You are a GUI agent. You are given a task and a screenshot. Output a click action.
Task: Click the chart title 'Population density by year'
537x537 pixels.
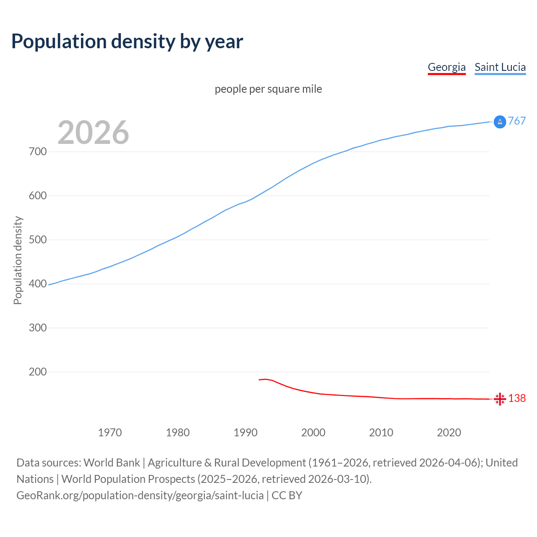127,42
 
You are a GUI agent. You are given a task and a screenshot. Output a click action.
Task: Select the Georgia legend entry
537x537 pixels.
446,67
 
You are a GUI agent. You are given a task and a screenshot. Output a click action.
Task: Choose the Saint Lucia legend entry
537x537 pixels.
500,67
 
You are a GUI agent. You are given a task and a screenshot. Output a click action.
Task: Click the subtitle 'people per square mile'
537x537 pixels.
268,89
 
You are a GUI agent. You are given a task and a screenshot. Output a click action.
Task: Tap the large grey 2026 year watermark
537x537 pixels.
93,133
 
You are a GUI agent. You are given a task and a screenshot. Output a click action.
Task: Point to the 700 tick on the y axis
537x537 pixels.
38,151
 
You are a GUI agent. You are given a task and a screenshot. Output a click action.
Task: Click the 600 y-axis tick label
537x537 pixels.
38,196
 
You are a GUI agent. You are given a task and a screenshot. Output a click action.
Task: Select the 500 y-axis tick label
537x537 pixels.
38,240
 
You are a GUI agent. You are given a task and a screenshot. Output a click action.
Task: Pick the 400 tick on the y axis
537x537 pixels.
38,284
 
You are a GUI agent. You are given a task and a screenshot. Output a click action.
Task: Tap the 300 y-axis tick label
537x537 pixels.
38,328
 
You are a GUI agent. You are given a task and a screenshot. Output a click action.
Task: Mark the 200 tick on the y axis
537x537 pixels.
38,372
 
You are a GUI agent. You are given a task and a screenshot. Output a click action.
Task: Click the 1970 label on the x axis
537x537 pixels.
110,433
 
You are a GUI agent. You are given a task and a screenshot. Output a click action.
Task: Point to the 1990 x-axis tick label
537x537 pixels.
245,433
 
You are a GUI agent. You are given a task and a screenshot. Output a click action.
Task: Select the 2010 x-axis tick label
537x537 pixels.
381,433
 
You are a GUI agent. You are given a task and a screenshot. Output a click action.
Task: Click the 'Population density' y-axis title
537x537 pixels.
18,260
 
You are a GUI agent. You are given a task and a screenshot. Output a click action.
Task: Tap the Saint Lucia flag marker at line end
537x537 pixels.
500,122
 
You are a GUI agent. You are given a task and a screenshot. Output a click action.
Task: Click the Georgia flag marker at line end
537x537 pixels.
500,399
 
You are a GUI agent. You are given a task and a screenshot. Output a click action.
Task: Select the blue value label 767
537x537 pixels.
517,121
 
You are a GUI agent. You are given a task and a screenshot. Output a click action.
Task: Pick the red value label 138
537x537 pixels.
517,398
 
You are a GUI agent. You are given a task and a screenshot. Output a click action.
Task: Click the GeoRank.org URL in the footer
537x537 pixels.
140,495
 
